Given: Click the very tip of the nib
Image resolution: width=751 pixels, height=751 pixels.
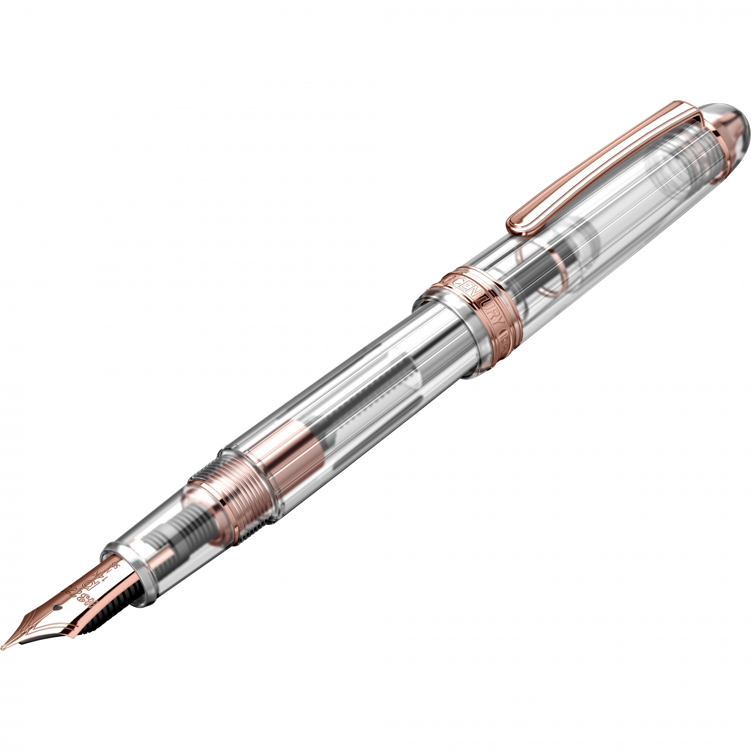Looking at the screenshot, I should tap(4, 648).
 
